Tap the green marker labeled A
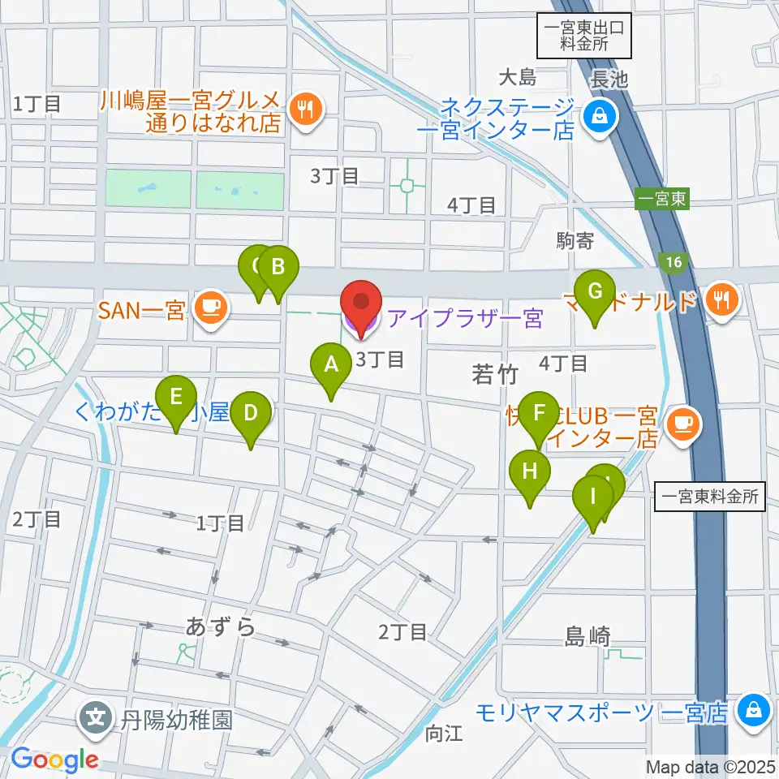[x=330, y=366]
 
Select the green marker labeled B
[x=278, y=269]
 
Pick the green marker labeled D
[x=251, y=415]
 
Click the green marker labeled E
[x=176, y=399]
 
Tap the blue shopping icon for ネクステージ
[x=599, y=118]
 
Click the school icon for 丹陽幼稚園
[x=97, y=718]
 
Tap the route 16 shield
[x=674, y=261]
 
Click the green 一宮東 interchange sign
[x=661, y=200]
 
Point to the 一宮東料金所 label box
[x=710, y=496]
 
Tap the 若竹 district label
[x=494, y=374]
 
